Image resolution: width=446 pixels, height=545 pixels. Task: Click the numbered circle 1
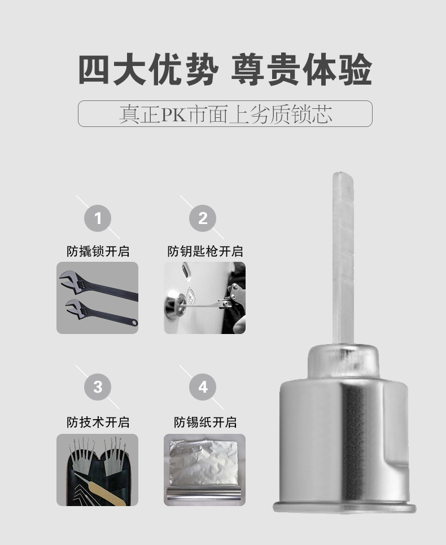[98, 218]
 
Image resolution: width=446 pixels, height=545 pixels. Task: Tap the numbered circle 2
[203, 218]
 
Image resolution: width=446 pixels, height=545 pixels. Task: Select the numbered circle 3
[98, 387]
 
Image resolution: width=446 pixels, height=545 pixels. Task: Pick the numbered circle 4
[203, 387]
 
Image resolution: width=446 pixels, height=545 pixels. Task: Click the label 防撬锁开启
[98, 251]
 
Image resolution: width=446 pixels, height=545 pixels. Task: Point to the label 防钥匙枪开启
[205, 251]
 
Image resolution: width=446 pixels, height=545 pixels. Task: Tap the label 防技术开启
[98, 423]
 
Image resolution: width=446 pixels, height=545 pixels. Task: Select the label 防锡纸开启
[205, 423]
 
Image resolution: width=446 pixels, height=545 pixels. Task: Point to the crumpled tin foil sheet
[204, 462]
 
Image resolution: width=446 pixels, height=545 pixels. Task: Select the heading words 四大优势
[148, 69]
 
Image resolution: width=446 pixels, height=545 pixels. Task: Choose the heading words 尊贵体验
[301, 69]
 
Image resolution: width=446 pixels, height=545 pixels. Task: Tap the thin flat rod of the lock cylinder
[343, 258]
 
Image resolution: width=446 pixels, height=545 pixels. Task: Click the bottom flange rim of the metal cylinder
[344, 508]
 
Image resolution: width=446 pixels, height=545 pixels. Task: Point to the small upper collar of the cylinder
[343, 362]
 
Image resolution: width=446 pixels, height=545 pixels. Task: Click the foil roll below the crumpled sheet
[204, 494]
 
